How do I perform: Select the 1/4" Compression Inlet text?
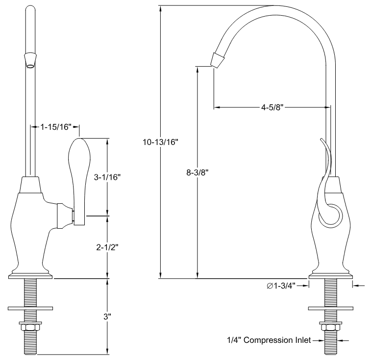[268, 340]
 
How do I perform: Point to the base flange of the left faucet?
[30, 273]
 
